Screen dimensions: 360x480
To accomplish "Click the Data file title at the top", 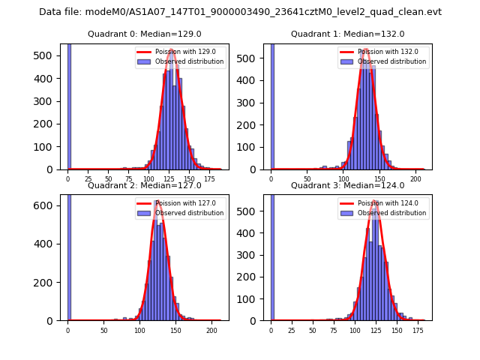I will [240, 12].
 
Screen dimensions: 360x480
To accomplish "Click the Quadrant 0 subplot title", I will [145, 34].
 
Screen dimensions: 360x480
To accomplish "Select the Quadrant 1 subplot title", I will [347, 34].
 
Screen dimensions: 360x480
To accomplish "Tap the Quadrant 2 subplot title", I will [145, 186].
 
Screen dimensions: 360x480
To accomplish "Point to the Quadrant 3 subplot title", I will [347, 186].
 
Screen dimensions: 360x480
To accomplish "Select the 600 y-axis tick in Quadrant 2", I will [47, 205].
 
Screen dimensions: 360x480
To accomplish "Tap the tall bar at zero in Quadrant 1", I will [271, 105].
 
